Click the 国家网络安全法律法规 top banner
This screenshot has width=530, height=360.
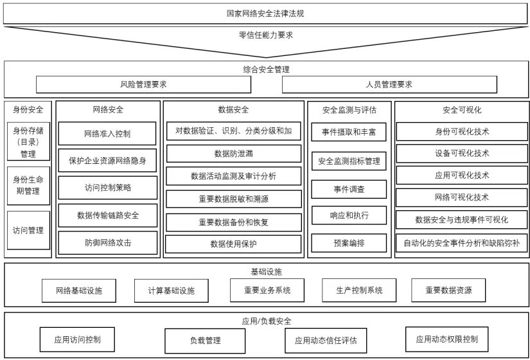click(265, 13)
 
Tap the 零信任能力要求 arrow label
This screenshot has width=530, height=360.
click(265, 35)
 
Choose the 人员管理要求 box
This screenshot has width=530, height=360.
click(389, 84)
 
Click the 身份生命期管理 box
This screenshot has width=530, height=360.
click(28, 185)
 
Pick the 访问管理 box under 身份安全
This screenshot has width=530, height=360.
click(28, 230)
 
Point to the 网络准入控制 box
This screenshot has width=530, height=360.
click(107, 134)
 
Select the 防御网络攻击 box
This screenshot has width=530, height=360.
click(107, 243)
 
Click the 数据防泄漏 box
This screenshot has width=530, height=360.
click(233, 154)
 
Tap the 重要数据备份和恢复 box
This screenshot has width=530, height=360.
click(233, 222)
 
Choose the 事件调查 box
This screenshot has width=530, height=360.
click(349, 190)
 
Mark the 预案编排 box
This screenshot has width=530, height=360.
click(349, 243)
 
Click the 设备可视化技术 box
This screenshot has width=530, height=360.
click(461, 153)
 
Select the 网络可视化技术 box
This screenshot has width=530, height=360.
click(461, 197)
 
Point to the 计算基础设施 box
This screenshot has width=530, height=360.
click(171, 291)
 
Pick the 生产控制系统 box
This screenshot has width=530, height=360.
click(358, 290)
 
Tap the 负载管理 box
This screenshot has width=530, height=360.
click(205, 341)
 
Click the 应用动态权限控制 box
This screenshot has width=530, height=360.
click(446, 339)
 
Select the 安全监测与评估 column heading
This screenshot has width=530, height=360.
click(349, 110)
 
